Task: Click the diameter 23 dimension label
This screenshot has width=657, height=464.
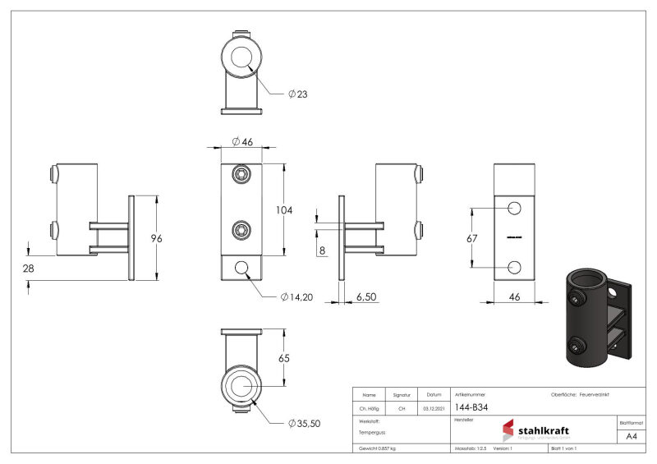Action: [x=297, y=94]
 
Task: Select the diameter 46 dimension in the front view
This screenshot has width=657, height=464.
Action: [x=241, y=142]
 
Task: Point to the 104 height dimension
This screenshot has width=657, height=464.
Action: [x=284, y=210]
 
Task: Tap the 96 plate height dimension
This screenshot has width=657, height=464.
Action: [x=155, y=238]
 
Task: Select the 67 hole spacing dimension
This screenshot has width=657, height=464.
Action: [x=471, y=237]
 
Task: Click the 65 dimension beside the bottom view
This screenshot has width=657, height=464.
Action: [x=285, y=358]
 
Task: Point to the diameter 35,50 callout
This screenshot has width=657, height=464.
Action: [x=304, y=423]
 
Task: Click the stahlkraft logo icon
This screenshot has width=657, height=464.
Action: [x=508, y=431]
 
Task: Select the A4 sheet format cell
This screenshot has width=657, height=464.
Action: [x=631, y=436]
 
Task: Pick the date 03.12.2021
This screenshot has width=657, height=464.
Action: [x=434, y=407]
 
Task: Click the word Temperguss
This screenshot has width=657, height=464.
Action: [x=372, y=431]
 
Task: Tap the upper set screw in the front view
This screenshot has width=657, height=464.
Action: [x=241, y=174]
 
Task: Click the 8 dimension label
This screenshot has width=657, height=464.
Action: [x=321, y=250]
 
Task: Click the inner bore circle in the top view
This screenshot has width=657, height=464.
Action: [x=241, y=57]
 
